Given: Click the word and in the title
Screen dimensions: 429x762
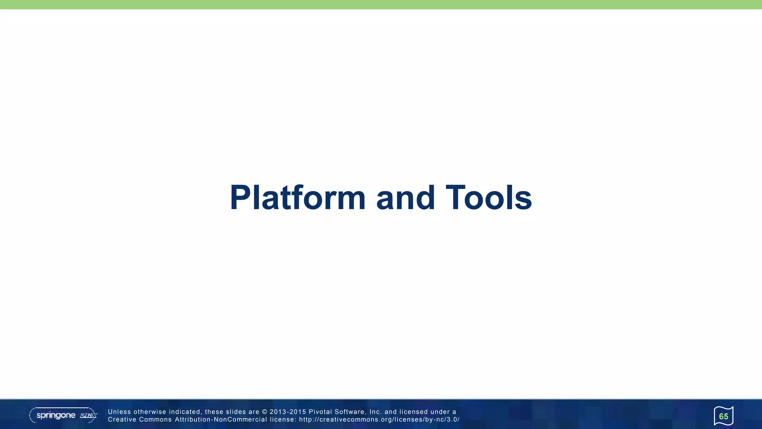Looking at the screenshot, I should (405, 198).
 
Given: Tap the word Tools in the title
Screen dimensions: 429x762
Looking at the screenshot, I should (489, 198).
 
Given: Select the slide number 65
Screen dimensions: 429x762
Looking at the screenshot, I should (723, 416).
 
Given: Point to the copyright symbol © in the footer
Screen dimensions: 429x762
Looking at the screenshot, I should (265, 412).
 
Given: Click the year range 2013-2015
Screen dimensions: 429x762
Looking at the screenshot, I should (288, 412).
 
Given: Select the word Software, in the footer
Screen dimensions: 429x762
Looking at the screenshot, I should (350, 412).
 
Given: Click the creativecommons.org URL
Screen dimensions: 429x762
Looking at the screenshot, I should (379, 420).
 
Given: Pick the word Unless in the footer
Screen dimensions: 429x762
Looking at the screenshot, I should (119, 412).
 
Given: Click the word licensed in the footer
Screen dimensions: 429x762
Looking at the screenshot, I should (413, 412).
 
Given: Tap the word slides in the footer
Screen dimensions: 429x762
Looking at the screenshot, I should (236, 412).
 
